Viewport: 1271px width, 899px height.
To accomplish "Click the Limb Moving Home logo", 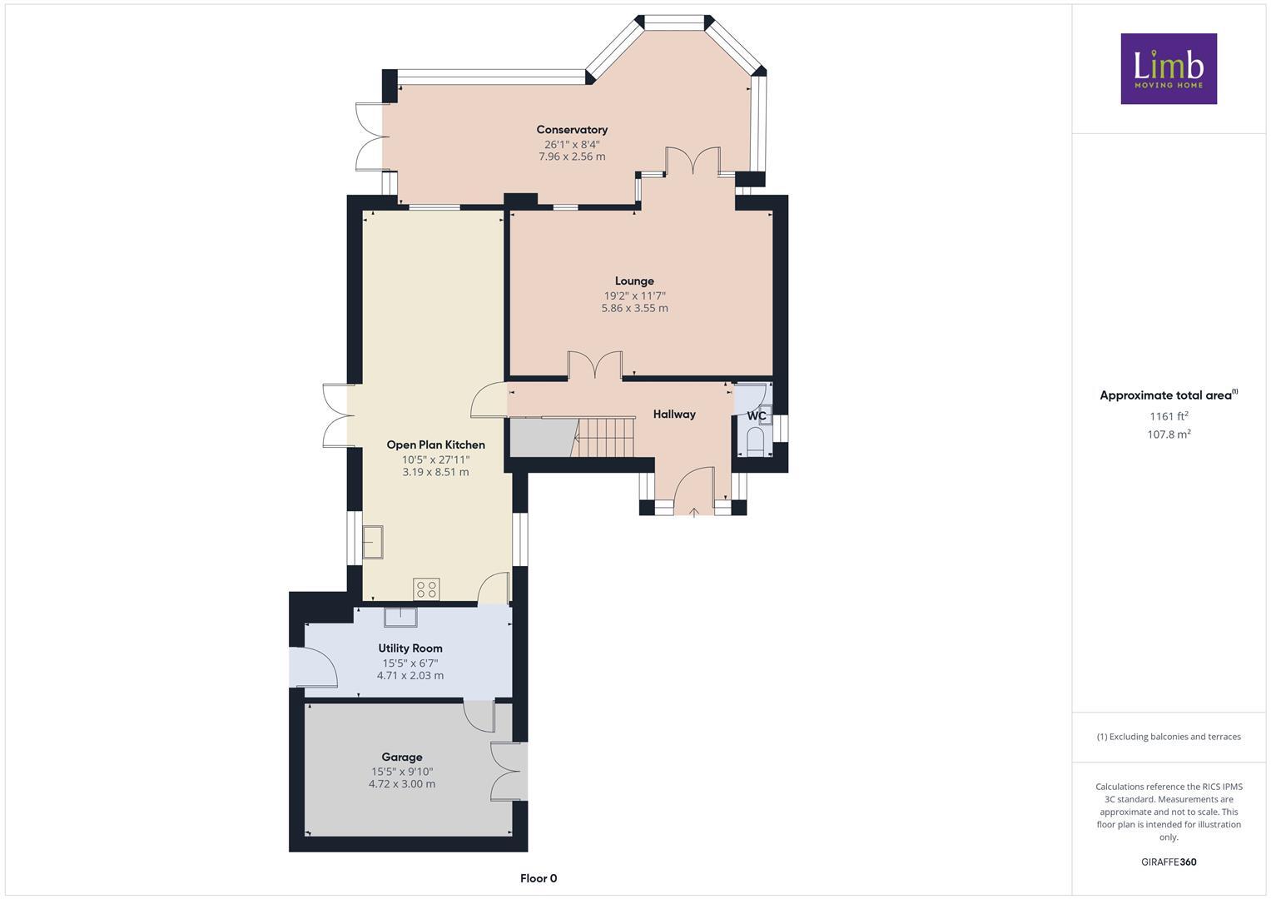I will [x=1168, y=68].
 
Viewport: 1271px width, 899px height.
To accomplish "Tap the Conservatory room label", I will [x=572, y=130].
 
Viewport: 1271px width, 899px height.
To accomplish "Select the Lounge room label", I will [x=634, y=281].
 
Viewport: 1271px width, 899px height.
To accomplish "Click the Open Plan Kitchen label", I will [x=435, y=445].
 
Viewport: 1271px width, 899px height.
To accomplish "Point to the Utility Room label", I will [x=410, y=648].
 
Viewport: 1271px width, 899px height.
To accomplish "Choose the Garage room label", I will [x=402, y=757].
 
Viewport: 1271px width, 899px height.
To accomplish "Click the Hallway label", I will [x=674, y=415].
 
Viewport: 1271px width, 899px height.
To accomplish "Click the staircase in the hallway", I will [x=606, y=437].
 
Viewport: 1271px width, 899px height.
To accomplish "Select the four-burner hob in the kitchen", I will [x=427, y=589].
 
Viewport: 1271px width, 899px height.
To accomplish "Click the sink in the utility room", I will [x=400, y=617].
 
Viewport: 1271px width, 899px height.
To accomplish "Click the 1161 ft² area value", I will [x=1169, y=416].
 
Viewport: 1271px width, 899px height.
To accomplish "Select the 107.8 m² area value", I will [x=1169, y=435].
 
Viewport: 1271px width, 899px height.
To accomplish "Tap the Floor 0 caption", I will [x=539, y=878].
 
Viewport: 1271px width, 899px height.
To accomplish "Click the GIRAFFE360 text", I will [x=1169, y=862].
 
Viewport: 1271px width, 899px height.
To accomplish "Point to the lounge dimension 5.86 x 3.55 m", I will [x=634, y=308].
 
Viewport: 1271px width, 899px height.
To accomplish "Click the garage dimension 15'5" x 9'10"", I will [x=402, y=772].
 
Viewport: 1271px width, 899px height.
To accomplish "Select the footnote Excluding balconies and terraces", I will [x=1169, y=737].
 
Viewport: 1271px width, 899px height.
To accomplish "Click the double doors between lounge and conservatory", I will [x=693, y=161].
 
